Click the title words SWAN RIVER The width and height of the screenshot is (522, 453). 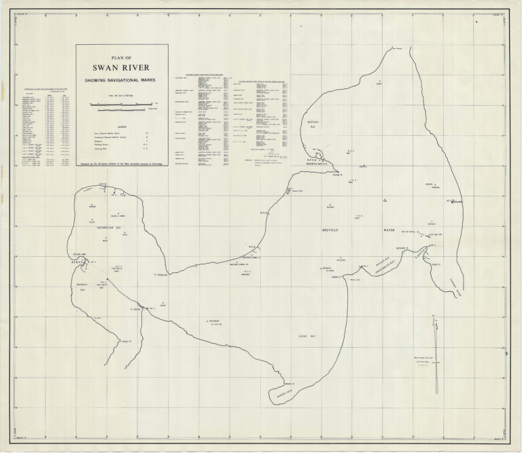coord(122,67)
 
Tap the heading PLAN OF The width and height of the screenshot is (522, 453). coord(122,57)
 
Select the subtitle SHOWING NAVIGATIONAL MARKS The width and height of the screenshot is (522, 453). coord(122,80)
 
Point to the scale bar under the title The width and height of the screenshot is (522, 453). coord(118,106)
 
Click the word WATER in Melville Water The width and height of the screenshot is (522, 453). coord(389,231)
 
